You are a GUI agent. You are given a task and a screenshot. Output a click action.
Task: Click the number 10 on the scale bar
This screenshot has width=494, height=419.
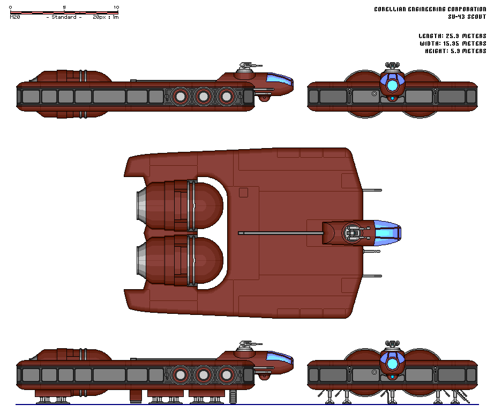click(x=116, y=7)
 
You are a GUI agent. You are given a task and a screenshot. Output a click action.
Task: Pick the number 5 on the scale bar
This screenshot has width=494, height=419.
click(x=64, y=7)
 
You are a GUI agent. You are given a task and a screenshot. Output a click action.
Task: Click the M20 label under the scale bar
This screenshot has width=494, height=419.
click(x=15, y=17)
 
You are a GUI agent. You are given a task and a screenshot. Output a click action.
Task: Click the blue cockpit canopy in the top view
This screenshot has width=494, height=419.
click(x=388, y=233)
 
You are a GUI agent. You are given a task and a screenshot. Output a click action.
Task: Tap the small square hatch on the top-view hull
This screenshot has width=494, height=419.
click(x=244, y=193)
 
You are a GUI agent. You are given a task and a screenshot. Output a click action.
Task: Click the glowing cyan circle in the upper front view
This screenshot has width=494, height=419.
click(x=393, y=84)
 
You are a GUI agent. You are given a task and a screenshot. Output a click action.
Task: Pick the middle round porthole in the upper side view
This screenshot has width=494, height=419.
click(x=204, y=97)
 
